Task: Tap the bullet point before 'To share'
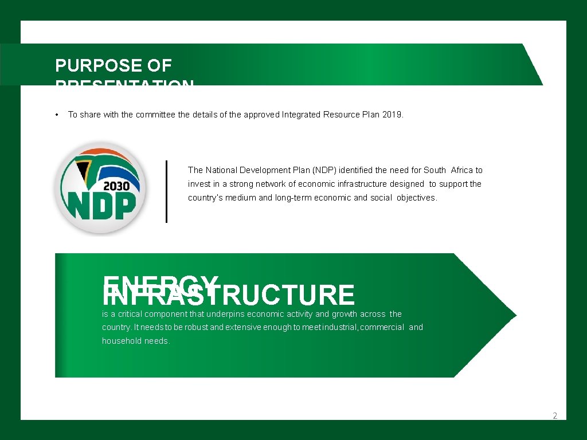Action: [x=57, y=115]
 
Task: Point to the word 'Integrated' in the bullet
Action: [x=300, y=115]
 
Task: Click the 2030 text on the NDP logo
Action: [x=120, y=186]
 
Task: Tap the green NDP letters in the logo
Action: [x=102, y=205]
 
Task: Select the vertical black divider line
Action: [x=166, y=191]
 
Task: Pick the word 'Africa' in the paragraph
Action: [x=462, y=170]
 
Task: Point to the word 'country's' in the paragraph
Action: [x=205, y=198]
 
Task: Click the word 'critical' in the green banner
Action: [x=130, y=314]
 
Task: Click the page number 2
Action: [x=555, y=416]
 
